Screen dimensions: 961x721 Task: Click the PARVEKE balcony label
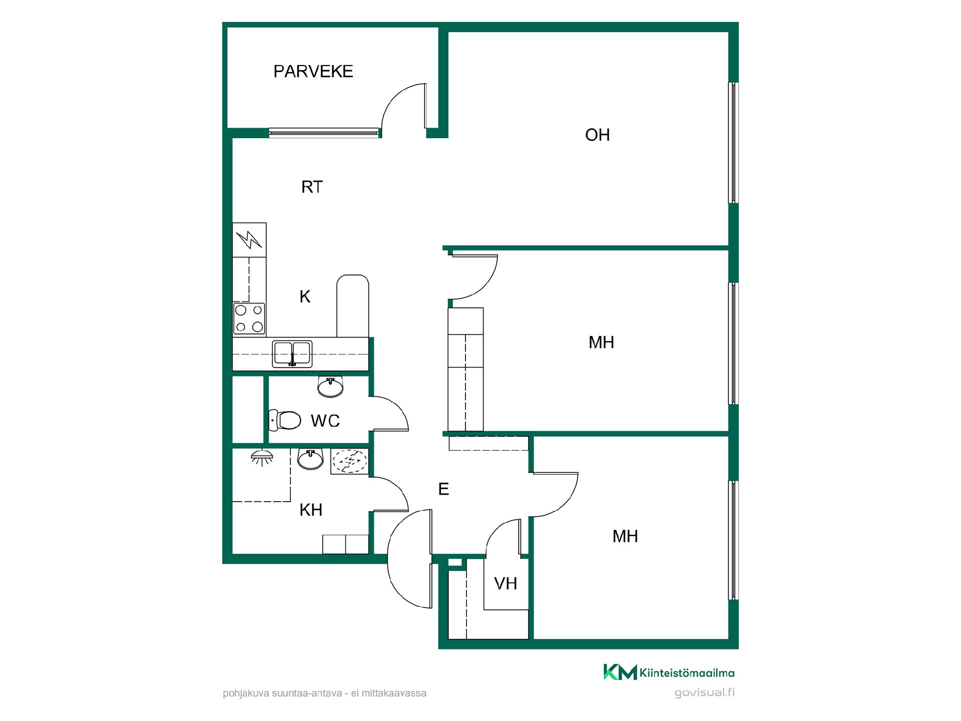click(313, 72)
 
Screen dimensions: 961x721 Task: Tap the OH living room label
click(597, 135)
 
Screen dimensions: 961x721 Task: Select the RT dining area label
click(312, 187)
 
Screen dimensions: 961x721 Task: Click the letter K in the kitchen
click(305, 297)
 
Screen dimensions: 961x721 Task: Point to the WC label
click(325, 421)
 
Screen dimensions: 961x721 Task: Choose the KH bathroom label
click(311, 510)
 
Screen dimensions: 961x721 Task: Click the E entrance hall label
click(443, 489)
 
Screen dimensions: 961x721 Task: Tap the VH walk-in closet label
click(506, 584)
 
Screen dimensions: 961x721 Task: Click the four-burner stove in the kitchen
click(249, 319)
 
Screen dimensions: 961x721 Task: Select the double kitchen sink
click(292, 354)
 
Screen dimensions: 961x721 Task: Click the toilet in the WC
click(285, 420)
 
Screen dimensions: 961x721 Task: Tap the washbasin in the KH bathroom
click(311, 458)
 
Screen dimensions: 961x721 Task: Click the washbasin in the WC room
click(330, 387)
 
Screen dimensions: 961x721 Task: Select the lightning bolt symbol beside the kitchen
click(249, 240)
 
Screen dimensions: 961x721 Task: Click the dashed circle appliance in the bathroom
click(350, 461)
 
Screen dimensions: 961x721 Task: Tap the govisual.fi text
click(704, 693)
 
